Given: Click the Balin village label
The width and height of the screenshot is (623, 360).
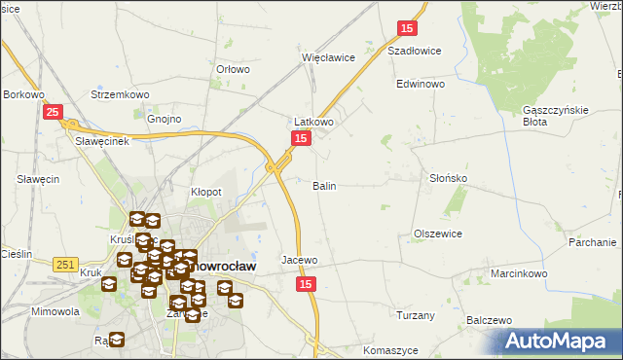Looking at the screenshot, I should pyautogui.click(x=325, y=185).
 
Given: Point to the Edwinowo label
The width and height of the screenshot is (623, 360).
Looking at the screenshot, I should pyautogui.click(x=421, y=85).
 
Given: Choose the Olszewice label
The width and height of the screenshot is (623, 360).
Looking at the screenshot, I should pyautogui.click(x=438, y=234).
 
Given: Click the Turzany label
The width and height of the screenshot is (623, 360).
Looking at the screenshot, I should pyautogui.click(x=416, y=315).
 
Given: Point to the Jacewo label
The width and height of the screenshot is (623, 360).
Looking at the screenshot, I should pyautogui.click(x=300, y=261).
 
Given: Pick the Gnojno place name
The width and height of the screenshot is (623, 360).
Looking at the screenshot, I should pyautogui.click(x=165, y=120).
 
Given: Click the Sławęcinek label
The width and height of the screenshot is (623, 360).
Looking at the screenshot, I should pyautogui.click(x=103, y=140).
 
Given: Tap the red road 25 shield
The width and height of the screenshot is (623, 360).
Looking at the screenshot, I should pyautogui.click(x=54, y=114).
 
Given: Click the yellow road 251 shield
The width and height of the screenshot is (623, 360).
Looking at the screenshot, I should pyautogui.click(x=65, y=264).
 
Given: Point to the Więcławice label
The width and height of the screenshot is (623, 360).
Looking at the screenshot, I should pyautogui.click(x=328, y=57).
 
